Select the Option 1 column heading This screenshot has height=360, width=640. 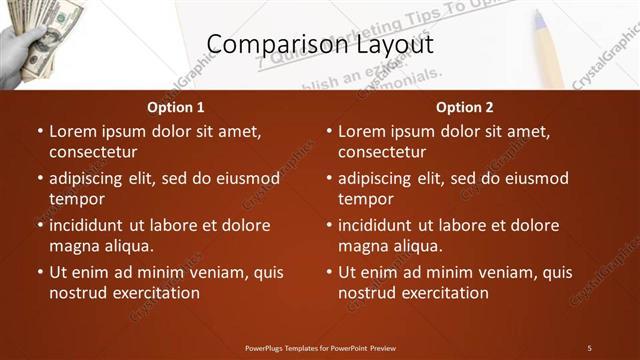[176, 107]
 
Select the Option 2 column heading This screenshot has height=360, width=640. [465, 107]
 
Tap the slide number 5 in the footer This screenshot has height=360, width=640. [589, 348]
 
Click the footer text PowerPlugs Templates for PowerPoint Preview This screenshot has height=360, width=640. [320, 348]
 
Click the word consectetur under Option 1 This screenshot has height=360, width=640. [93, 152]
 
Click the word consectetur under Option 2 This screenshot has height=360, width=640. [382, 152]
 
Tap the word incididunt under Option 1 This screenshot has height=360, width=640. [92, 225]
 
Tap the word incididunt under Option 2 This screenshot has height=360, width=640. [381, 225]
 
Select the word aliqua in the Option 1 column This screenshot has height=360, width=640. [126, 246]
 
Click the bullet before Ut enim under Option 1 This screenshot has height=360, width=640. [40, 272]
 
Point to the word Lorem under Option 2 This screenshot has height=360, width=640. [361, 131]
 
